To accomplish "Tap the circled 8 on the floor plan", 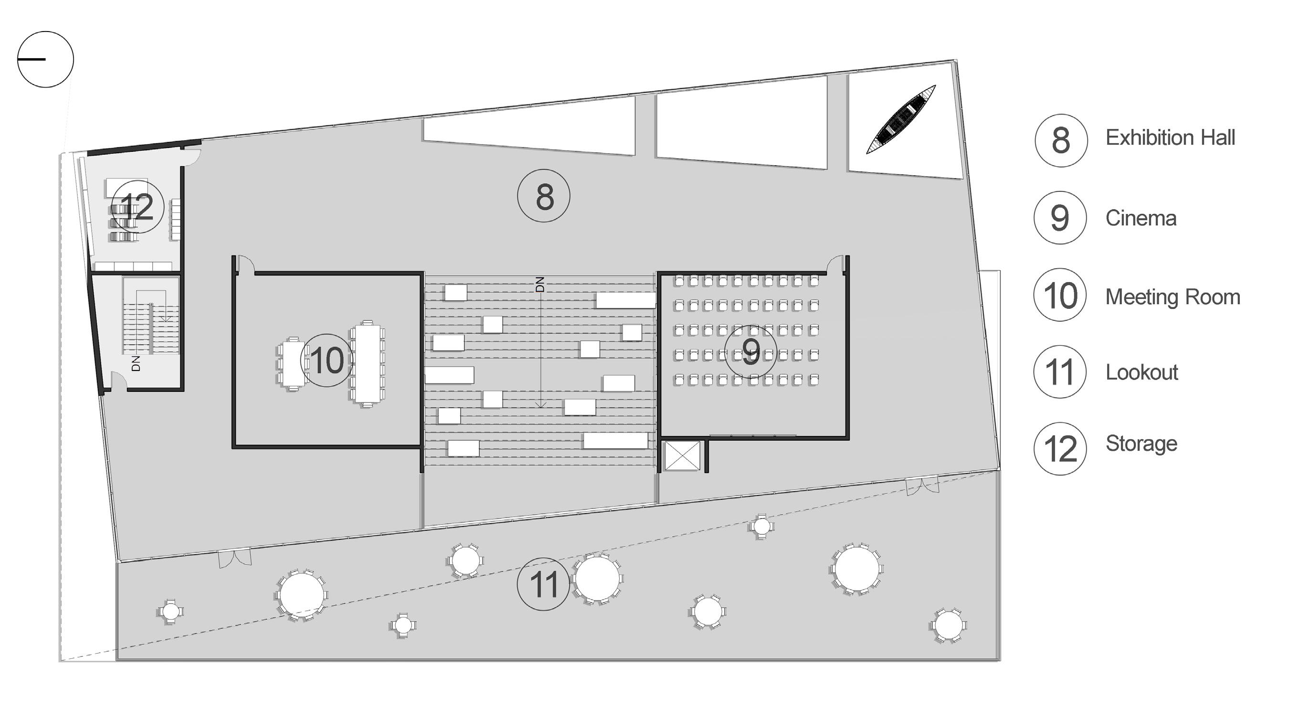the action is [543, 196].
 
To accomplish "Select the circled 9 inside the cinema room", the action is [750, 351].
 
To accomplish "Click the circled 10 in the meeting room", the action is [327, 360].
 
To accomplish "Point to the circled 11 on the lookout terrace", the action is [543, 584].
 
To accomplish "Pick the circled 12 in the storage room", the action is [137, 207].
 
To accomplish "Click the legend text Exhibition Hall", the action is [1170, 137].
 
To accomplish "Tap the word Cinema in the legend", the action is [1141, 218].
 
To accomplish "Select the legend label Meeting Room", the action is [1173, 296].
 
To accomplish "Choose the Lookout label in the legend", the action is [1141, 372].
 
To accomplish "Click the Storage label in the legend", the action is [1141, 444].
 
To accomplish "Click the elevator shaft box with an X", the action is [682, 456].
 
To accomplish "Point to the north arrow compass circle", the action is [45, 60].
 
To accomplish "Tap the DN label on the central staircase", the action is [539, 284].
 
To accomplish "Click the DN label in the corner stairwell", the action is [136, 363].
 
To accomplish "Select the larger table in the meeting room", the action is [368, 364].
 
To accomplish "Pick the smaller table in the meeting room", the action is [292, 363].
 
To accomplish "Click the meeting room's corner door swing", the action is [245, 264].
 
